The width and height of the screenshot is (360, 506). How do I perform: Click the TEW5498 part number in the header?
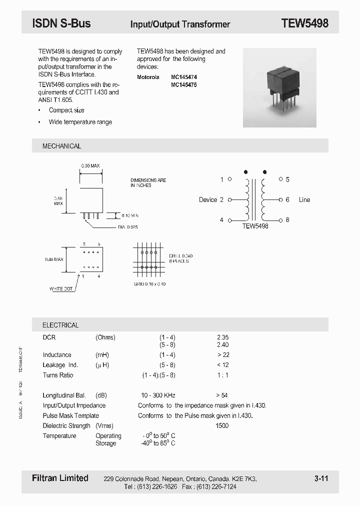click(x=304, y=23)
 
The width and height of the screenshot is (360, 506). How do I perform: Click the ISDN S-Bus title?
click(x=61, y=23)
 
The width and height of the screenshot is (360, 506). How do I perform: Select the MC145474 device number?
click(x=184, y=77)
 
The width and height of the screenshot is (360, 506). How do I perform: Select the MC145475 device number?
click(x=184, y=85)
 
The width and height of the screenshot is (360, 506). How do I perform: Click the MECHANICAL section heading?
click(x=61, y=146)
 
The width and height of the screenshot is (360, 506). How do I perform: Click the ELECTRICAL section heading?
click(x=60, y=325)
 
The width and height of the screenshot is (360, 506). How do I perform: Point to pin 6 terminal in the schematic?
click(x=280, y=199)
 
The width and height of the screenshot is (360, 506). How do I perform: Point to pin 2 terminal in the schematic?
click(x=229, y=199)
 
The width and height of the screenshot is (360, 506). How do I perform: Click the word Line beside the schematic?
click(x=304, y=199)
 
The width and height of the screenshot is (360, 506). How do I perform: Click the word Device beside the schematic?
click(x=207, y=199)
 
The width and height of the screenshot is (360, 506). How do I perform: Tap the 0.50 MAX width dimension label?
click(x=91, y=165)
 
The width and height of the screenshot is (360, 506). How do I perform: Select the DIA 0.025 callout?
click(x=128, y=227)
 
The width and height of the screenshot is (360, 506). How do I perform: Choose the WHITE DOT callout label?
click(x=61, y=289)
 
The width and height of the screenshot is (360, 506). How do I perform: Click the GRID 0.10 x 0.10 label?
click(x=149, y=284)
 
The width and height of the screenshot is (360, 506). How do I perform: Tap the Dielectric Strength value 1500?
click(x=222, y=425)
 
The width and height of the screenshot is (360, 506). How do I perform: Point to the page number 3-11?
click(x=321, y=478)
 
